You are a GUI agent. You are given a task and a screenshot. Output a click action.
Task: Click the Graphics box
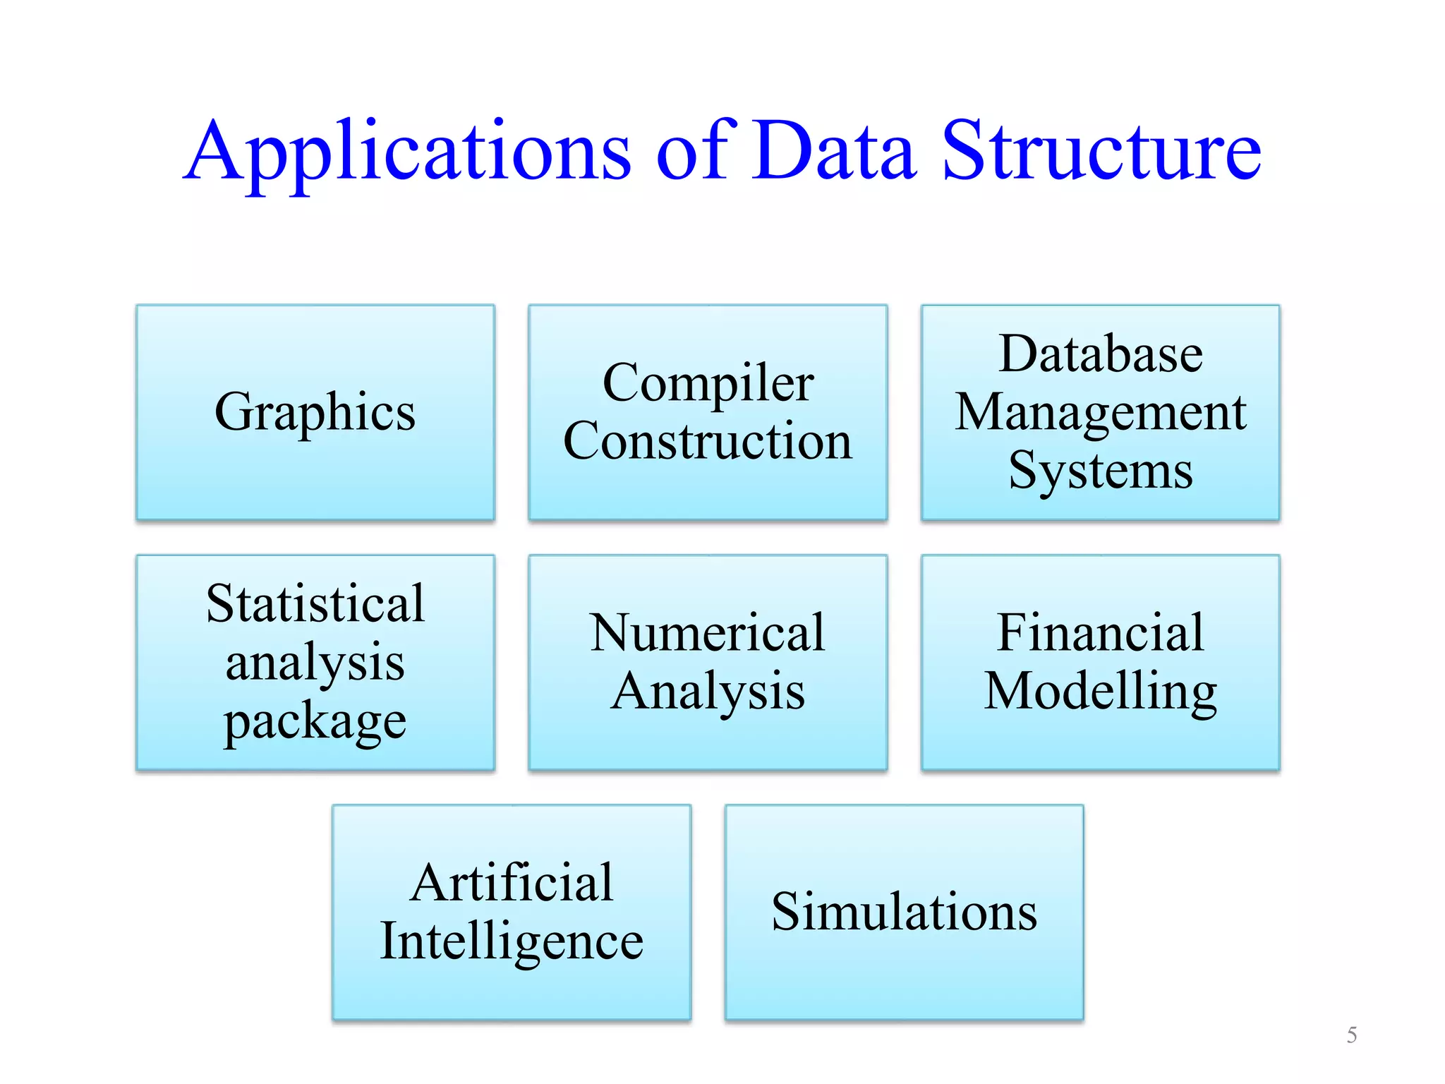coord(315,412)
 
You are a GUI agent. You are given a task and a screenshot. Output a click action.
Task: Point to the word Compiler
coord(708,383)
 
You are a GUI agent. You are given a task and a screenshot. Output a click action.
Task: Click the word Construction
coord(708,441)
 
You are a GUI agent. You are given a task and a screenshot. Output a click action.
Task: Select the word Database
coord(1101,354)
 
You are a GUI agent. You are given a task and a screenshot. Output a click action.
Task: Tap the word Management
coord(1101,412)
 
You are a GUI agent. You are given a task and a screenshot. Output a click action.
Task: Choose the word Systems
coord(1101,471)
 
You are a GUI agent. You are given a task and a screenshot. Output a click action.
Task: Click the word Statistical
coord(315,604)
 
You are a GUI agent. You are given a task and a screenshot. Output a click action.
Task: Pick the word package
coord(315,721)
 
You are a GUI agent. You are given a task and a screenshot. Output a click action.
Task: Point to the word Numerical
coord(708,632)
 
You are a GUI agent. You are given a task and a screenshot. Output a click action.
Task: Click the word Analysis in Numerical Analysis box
coord(708,692)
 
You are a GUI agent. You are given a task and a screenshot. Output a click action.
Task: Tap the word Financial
coord(1101,632)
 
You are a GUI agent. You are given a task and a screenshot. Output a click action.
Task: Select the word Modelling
coord(1101,692)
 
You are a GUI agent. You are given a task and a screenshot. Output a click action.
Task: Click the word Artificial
coord(512,883)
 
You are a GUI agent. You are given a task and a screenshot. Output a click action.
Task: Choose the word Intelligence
coord(512,941)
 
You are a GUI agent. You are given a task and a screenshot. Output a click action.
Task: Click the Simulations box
coord(904,912)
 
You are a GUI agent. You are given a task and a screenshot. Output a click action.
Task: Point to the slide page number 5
coord(1352,1035)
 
